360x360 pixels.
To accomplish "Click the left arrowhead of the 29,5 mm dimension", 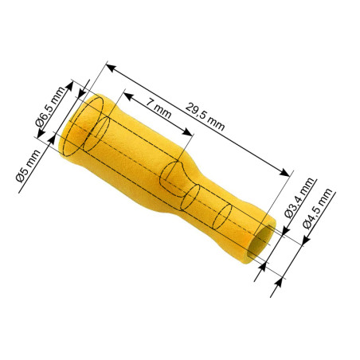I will (109, 67).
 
